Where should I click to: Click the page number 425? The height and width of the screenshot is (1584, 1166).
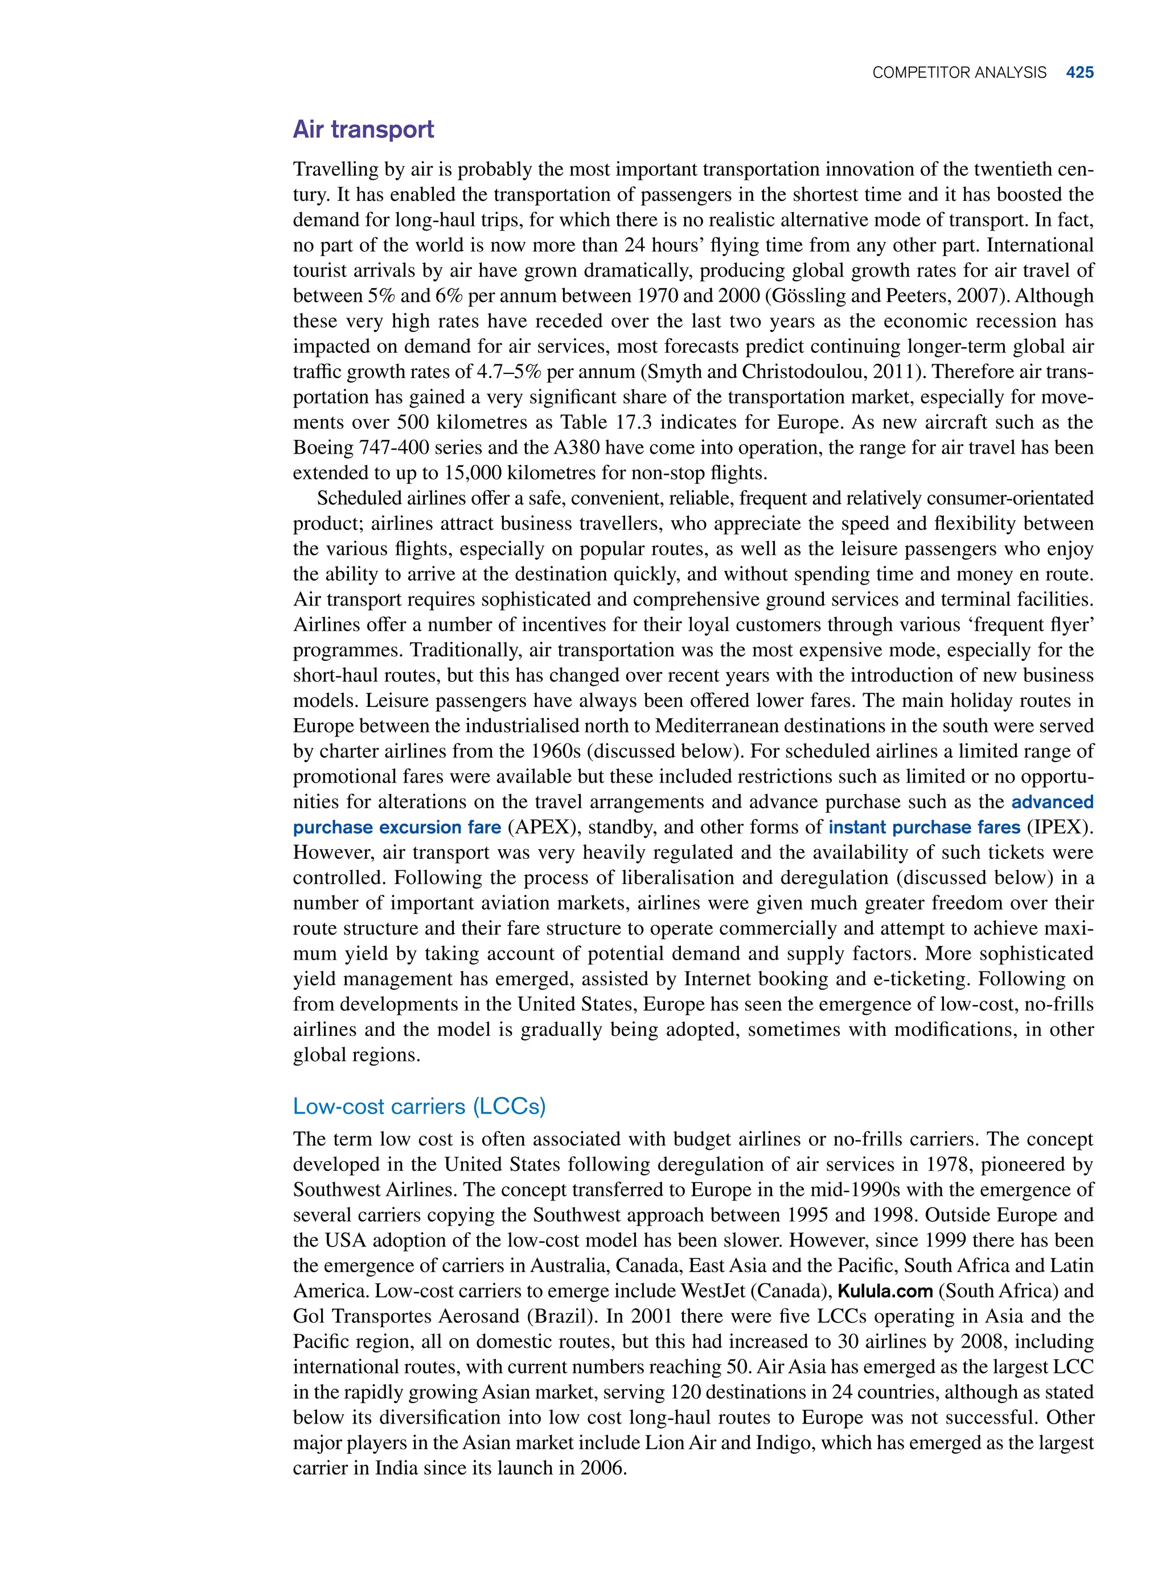click(x=1079, y=73)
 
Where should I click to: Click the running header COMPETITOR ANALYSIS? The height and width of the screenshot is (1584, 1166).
click(x=959, y=73)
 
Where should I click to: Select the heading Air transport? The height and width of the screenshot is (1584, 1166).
click(x=363, y=130)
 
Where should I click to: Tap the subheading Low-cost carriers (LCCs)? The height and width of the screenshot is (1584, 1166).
click(x=419, y=1106)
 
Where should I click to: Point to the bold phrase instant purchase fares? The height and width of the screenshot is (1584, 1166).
click(x=924, y=827)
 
